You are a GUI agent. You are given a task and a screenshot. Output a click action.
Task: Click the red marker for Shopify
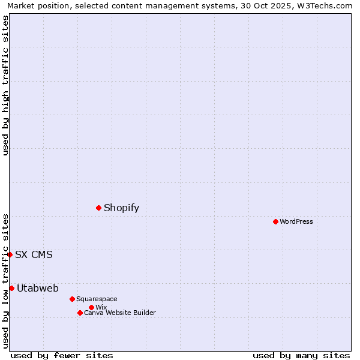coord(99,208)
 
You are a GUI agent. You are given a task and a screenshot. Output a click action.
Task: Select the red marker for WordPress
coord(275,221)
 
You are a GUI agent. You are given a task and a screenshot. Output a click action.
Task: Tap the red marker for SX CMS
coord(10,254)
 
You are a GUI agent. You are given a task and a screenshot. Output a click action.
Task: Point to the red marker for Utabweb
coord(11,288)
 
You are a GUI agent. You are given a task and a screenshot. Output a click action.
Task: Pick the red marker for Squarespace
coord(72,299)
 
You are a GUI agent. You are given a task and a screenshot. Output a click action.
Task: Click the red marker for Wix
coord(91,307)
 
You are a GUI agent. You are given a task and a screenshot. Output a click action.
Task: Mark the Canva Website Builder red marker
coord(80,313)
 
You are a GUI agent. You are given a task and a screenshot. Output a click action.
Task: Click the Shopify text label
coord(121,208)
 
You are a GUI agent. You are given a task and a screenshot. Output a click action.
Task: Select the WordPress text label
coord(296,221)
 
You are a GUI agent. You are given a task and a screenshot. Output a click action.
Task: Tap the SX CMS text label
coord(34,254)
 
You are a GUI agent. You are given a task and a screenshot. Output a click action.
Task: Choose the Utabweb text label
coord(38,288)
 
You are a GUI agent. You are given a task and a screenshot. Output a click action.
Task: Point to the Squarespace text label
coord(97,299)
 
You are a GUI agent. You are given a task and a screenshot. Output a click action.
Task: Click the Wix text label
coord(101,307)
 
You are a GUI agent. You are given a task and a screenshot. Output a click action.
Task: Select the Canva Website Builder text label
coord(120,313)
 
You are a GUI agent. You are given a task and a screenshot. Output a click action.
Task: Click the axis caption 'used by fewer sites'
coord(62,355)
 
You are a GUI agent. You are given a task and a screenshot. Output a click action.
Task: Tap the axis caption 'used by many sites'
coord(301,355)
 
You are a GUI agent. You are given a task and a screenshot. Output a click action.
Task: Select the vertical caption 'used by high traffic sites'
coord(5,85)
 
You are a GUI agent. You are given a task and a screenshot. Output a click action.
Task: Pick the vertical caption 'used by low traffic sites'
coord(5,281)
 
